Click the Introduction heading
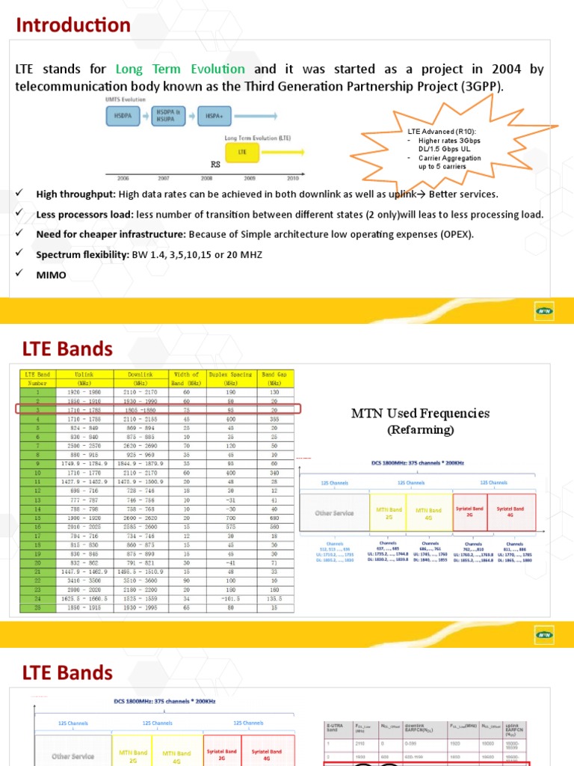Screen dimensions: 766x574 tap(73, 25)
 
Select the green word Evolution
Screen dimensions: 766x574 tap(217, 69)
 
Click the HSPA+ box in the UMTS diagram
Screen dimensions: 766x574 tap(213, 116)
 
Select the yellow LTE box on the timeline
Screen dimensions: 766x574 tap(242, 152)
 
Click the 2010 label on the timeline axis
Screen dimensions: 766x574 tap(292, 178)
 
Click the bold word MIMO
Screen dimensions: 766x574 tap(52, 275)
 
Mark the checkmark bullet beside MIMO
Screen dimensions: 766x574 tap(19, 275)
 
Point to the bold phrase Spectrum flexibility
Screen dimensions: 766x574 tap(81, 255)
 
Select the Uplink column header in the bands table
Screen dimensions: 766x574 tap(84, 374)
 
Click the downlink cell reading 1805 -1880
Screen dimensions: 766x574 tap(142, 409)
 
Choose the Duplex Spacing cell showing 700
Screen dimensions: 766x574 tap(230, 518)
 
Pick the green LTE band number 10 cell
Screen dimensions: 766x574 tap(37, 473)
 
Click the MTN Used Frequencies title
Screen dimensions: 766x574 tap(420, 414)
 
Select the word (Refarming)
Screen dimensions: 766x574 tap(420, 430)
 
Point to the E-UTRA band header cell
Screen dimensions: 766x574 tap(338, 726)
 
